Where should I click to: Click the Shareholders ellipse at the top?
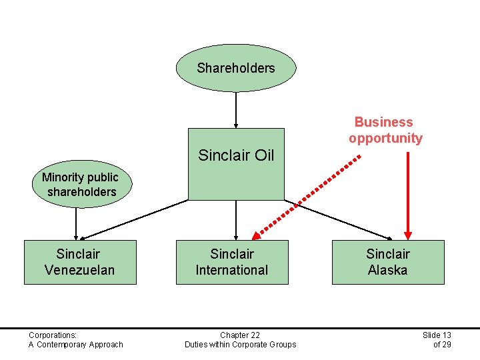click(x=235, y=68)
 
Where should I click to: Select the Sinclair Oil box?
click(x=236, y=163)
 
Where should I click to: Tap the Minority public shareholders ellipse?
click(x=79, y=185)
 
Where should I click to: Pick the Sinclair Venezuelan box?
click(x=80, y=262)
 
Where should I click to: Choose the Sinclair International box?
click(x=232, y=262)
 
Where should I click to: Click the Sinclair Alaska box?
click(x=387, y=262)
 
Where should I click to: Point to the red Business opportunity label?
click(x=385, y=130)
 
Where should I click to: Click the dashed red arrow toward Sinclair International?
click(x=307, y=196)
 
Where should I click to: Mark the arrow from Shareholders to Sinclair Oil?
click(x=236, y=109)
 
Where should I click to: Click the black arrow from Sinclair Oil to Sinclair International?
click(x=236, y=219)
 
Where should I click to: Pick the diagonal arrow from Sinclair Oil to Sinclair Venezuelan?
click(x=133, y=219)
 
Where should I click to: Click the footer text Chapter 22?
click(x=240, y=335)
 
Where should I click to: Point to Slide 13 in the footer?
click(x=437, y=335)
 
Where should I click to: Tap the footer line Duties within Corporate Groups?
click(x=240, y=344)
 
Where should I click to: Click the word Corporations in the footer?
click(x=53, y=335)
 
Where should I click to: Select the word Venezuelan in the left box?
click(x=80, y=270)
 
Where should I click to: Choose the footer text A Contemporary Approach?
click(x=76, y=344)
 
